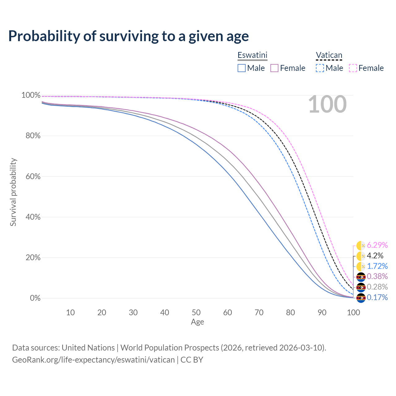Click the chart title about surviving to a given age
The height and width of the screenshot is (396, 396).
(128, 36)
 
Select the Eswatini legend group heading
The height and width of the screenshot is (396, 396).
(252, 55)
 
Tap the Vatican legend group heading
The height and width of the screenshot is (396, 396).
(329, 55)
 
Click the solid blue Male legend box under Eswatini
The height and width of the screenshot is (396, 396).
(242, 68)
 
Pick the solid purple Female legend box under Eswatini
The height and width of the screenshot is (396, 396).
(275, 68)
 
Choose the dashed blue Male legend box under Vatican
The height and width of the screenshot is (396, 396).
(320, 68)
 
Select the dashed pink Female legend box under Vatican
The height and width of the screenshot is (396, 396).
(353, 68)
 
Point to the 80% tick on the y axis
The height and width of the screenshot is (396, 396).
(31, 136)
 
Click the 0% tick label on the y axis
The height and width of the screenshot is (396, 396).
(35, 298)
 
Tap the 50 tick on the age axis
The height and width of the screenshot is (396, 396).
(196, 312)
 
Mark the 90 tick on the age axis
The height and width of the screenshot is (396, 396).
(322, 312)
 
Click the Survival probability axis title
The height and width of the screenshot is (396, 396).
(13, 192)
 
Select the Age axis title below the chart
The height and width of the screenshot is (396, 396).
(197, 322)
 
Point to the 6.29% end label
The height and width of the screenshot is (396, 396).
(377, 245)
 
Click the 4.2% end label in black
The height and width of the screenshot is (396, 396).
(375, 256)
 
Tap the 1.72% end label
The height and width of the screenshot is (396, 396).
(377, 266)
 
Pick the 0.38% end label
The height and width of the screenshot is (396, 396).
(377, 277)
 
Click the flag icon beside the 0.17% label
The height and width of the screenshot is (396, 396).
(361, 298)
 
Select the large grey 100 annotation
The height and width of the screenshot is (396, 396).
(327, 105)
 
